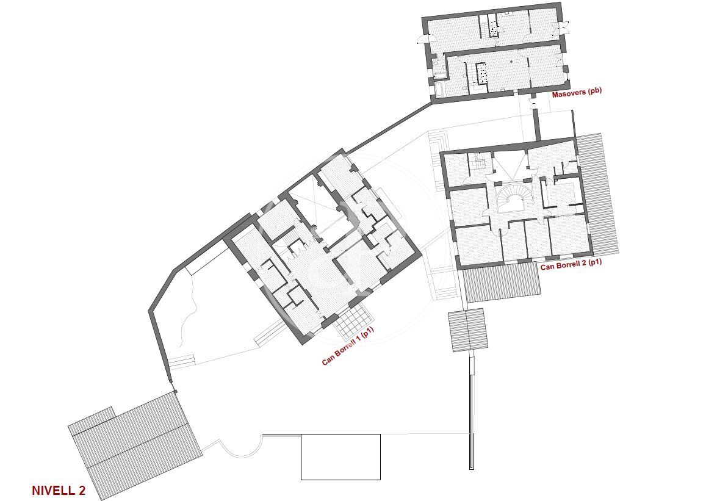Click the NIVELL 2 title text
point(59,490)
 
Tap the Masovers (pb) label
point(577,93)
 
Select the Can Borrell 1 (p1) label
point(348,346)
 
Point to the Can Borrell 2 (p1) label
point(571,265)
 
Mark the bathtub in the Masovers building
point(438,89)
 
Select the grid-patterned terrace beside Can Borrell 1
point(353,322)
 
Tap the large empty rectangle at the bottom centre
point(341,456)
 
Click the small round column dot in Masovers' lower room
point(512,62)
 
